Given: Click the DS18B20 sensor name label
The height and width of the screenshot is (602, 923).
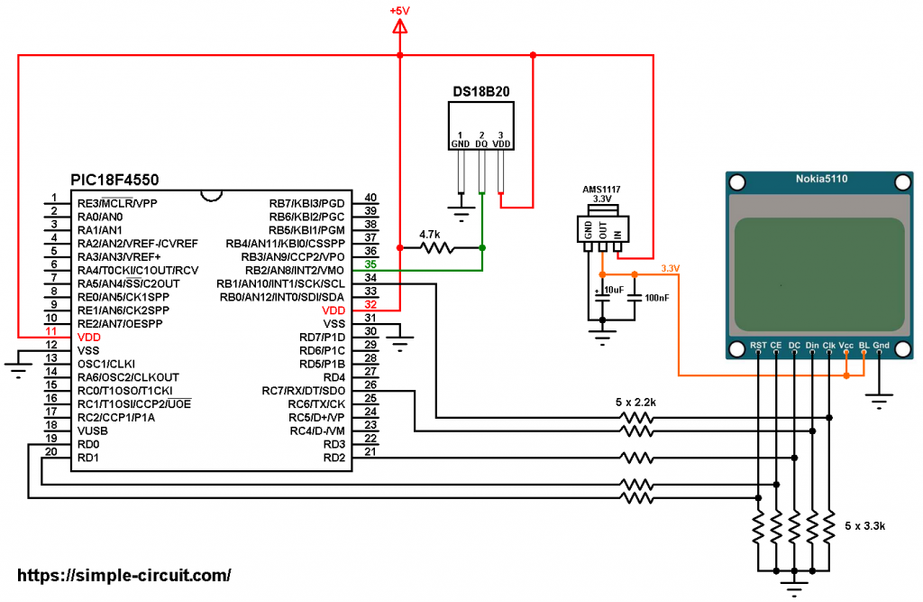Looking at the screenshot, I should click(x=482, y=92).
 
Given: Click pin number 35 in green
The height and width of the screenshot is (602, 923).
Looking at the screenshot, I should click(x=370, y=264).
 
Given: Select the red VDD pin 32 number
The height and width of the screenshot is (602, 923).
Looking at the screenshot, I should click(x=370, y=305).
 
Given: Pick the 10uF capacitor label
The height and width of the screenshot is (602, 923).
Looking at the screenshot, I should click(x=613, y=289).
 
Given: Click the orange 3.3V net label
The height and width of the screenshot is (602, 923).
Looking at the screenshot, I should click(x=672, y=269).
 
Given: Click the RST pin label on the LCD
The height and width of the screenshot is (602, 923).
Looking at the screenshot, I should click(x=759, y=346).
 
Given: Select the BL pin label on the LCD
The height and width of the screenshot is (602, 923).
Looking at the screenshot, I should click(x=864, y=346).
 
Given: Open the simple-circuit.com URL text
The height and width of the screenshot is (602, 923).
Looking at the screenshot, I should click(x=123, y=575).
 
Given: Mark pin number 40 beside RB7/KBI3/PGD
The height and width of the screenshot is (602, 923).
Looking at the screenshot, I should click(x=370, y=198).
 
